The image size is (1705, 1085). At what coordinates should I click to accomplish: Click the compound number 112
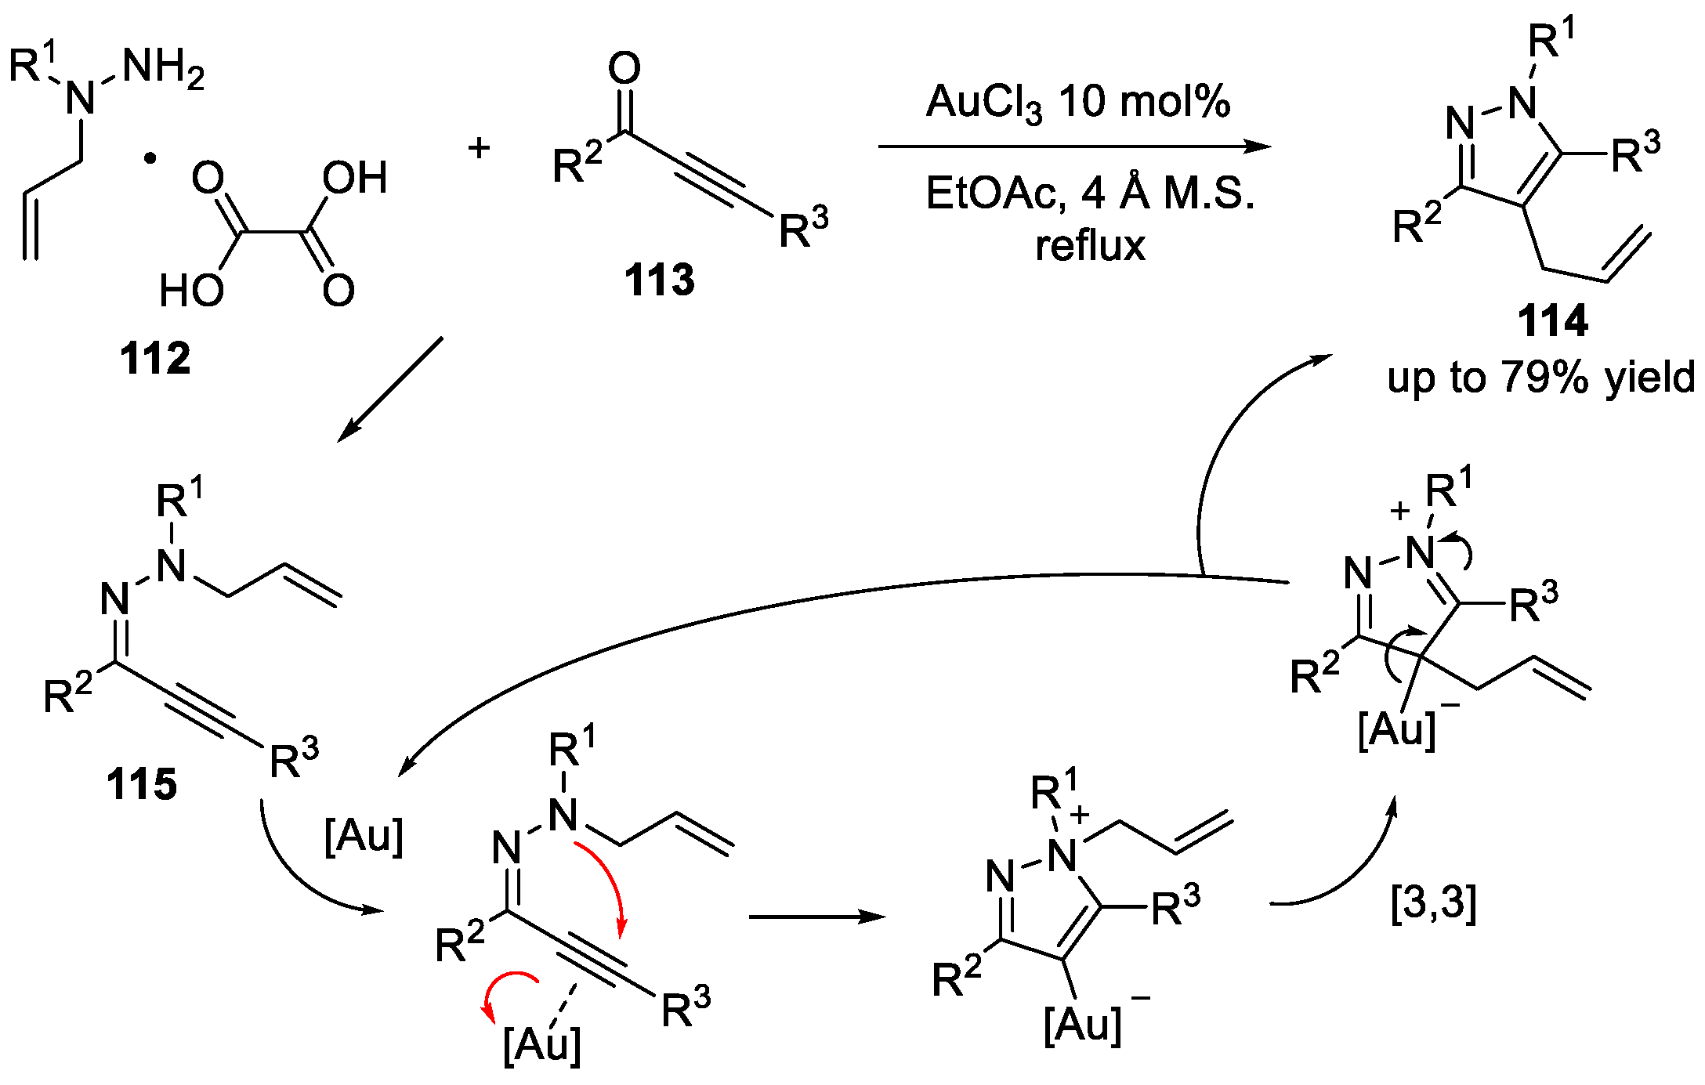tap(155, 359)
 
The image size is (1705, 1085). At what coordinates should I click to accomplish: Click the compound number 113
tap(659, 280)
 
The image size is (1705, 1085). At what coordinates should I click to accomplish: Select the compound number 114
tap(1552, 321)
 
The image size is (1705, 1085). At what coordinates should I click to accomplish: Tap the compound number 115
tap(142, 784)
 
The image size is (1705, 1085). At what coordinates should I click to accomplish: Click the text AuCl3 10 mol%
tap(1077, 102)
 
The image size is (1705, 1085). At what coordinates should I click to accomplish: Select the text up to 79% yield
tap(1540, 378)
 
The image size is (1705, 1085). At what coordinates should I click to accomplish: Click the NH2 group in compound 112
tap(163, 67)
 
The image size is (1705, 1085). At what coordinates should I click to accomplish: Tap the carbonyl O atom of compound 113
tap(624, 69)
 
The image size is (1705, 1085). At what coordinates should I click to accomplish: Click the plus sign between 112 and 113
tap(479, 147)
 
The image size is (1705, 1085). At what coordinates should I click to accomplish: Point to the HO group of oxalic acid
tap(191, 291)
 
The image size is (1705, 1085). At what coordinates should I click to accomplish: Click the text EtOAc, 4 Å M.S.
tap(1089, 193)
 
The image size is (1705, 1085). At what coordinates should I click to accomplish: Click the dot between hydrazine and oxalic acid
tap(150, 159)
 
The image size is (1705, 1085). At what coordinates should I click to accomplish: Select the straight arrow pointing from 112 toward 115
tap(390, 389)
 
